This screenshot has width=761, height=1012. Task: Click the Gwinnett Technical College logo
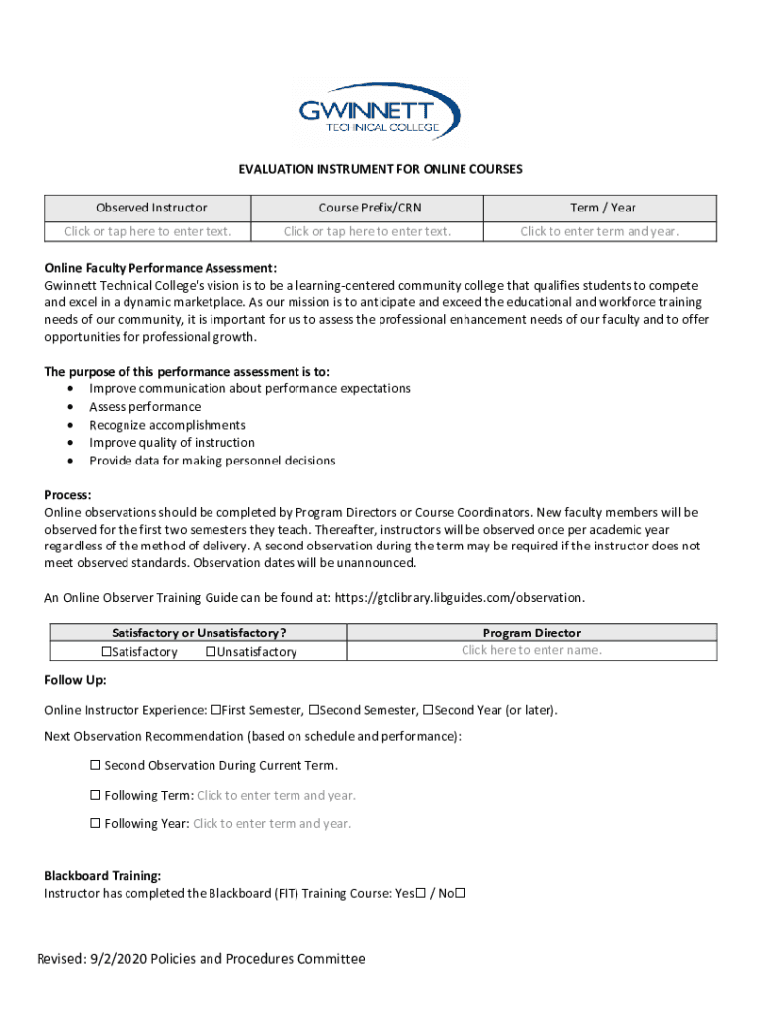(380, 111)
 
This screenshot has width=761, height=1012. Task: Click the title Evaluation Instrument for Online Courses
(380, 170)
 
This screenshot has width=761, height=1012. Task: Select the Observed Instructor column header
(151, 208)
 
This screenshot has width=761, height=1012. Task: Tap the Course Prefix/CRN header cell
(367, 208)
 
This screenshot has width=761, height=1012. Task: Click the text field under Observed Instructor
(148, 231)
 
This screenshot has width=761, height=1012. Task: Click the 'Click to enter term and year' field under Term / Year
(600, 231)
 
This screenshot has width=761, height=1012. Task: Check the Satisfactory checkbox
(106, 652)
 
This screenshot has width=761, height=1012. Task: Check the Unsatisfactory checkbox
(211, 652)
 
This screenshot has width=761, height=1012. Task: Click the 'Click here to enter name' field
(531, 650)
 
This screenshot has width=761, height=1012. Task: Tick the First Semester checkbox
(215, 710)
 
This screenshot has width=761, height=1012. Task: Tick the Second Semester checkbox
(314, 710)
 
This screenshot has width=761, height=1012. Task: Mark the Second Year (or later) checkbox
(428, 710)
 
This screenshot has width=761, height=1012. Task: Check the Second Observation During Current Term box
(96, 766)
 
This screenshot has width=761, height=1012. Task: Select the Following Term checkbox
(96, 795)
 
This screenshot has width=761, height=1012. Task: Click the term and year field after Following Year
(272, 824)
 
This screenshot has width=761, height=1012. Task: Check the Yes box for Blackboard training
(421, 894)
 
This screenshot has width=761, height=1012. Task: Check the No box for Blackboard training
(460, 894)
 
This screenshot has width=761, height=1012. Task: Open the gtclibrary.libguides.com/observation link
(460, 598)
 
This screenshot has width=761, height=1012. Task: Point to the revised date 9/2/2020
(118, 959)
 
